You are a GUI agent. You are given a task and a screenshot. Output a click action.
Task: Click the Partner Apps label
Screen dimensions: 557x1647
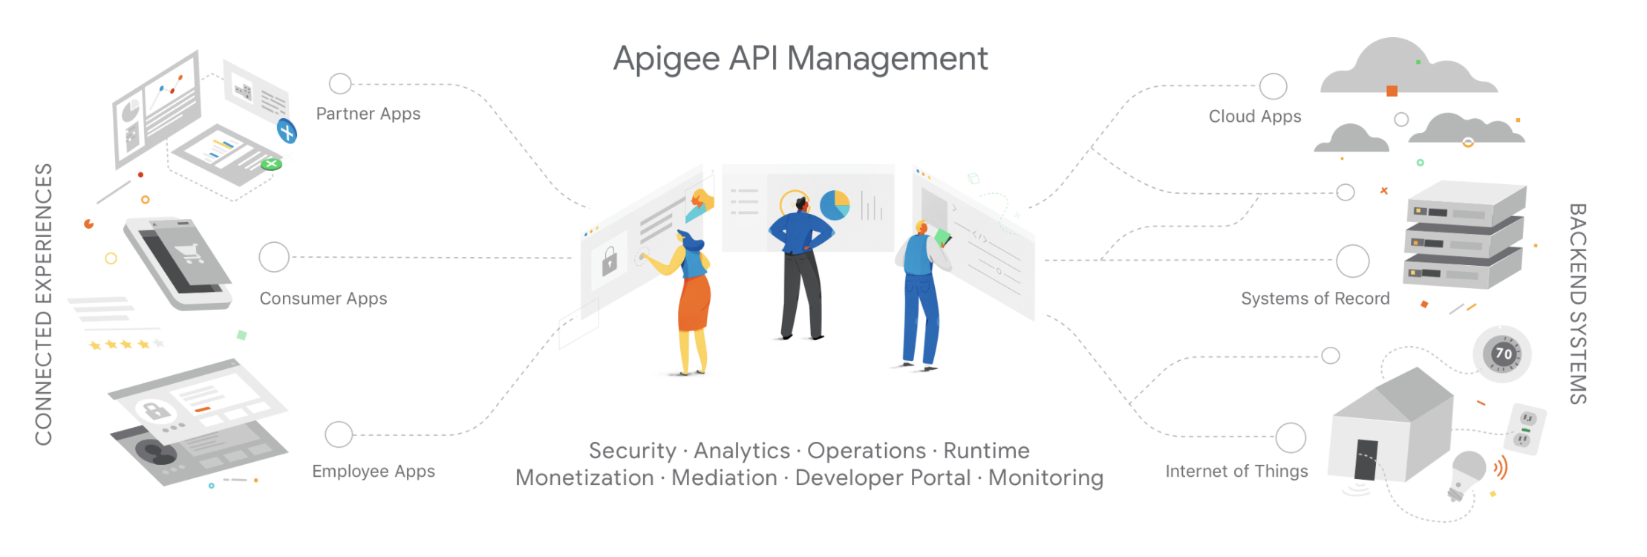coord(368,114)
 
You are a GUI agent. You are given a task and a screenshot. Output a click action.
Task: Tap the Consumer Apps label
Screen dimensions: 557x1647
coord(323,299)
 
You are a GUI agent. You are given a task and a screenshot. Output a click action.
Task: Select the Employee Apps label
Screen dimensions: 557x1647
coord(374,472)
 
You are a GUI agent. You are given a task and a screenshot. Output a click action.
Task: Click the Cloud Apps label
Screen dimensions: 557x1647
coord(1255,117)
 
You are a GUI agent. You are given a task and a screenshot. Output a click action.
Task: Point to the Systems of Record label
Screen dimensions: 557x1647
coord(1315,299)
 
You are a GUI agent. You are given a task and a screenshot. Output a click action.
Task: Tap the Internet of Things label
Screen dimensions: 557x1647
coord(1236,472)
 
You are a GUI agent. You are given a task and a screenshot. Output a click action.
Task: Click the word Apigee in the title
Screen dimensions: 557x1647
coord(666,59)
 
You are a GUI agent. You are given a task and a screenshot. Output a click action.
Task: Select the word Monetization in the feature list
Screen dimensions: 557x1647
coord(584,478)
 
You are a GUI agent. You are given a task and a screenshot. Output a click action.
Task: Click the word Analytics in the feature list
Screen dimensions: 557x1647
coord(742,451)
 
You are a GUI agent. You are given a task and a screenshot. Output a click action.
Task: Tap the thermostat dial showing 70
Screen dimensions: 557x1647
coord(1503,354)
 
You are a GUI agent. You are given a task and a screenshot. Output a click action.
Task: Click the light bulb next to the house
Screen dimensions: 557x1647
coord(1467,471)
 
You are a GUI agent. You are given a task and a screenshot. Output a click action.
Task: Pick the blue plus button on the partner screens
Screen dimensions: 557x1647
coord(287,131)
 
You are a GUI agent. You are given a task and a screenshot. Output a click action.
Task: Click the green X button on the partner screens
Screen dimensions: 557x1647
coord(272,163)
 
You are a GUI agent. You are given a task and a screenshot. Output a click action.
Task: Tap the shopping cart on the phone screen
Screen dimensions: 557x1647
coord(190,253)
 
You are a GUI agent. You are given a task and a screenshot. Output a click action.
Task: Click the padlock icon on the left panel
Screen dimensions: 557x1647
coord(610,261)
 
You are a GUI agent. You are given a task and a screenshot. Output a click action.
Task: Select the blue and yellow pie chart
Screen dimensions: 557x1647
coord(835,204)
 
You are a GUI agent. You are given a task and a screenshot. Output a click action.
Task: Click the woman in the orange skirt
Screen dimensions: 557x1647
coord(692,297)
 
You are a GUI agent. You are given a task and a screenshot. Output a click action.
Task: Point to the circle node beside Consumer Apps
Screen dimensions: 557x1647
coord(274,257)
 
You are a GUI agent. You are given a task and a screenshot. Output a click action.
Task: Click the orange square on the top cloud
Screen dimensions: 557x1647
coord(1392,91)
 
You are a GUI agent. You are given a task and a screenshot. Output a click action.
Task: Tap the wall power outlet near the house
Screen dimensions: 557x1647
coord(1526,429)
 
